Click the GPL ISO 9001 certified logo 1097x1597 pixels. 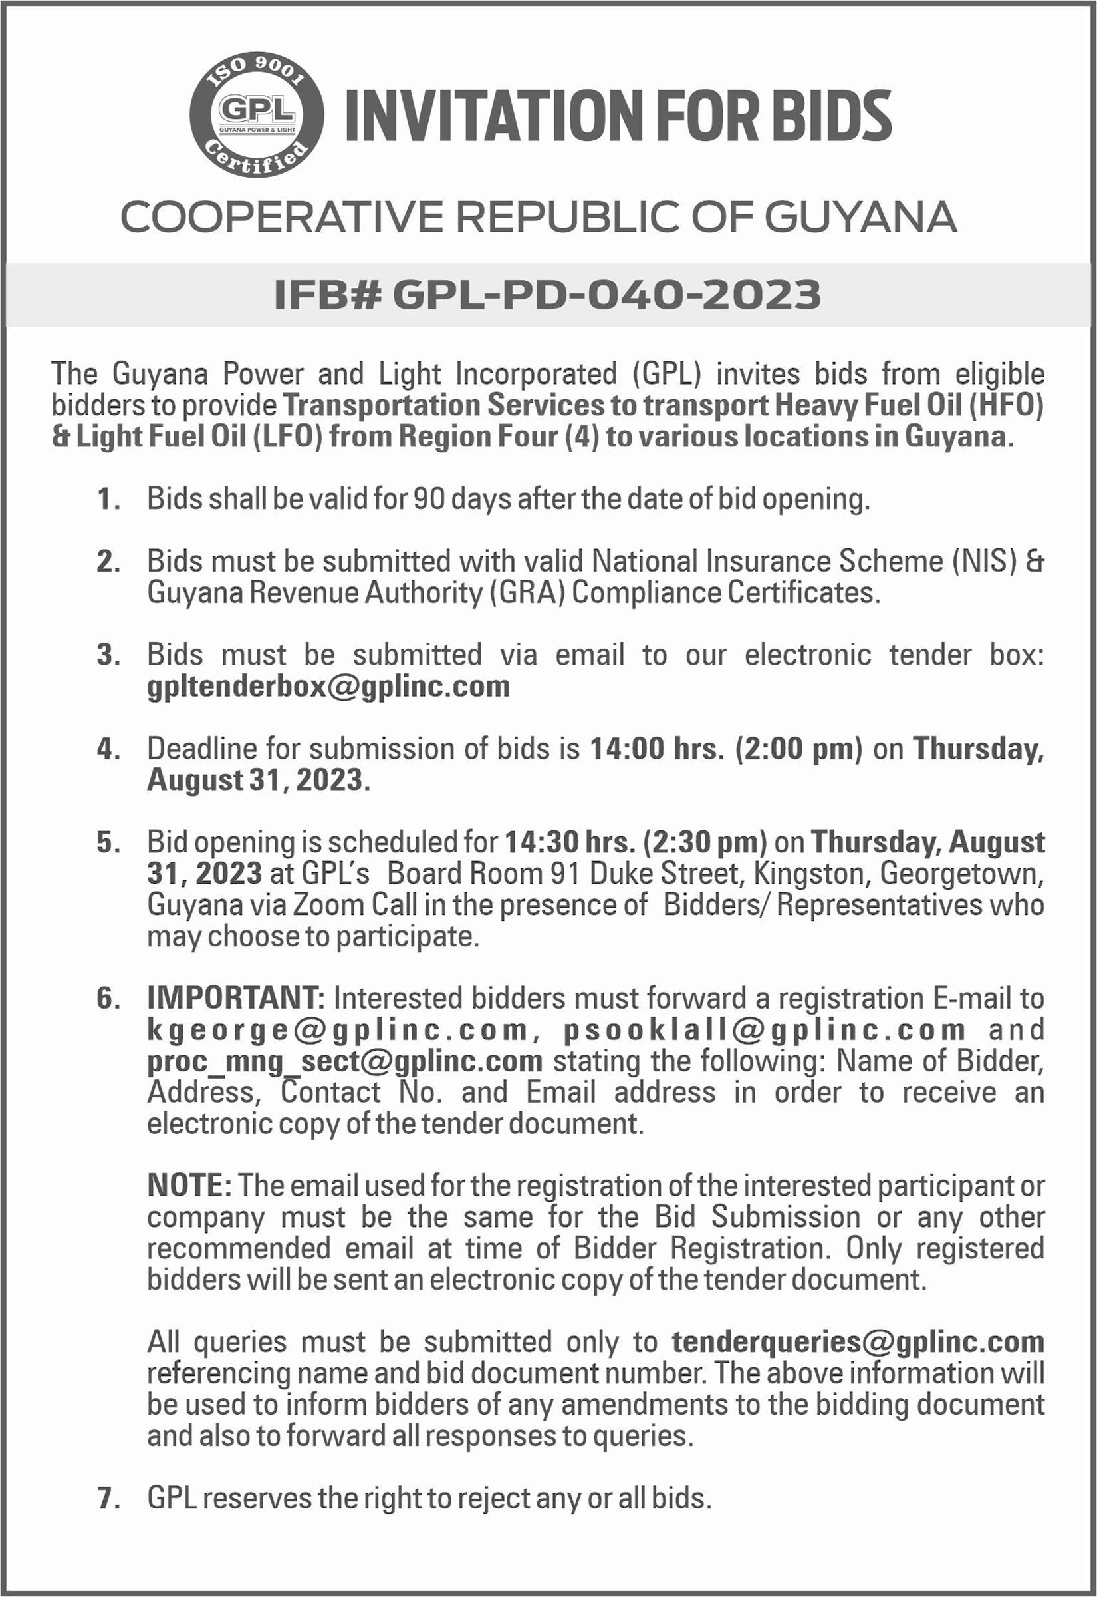tap(257, 115)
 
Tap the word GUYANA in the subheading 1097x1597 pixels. tap(860, 218)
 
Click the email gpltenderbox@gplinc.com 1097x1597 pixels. tap(328, 687)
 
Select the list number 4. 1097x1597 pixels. tap(109, 749)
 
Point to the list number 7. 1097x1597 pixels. tap(109, 1498)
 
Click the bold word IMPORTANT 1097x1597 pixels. tap(236, 999)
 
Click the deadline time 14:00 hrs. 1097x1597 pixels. tap(657, 749)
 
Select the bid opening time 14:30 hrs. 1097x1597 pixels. tap(570, 842)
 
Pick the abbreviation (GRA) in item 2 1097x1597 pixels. tap(527, 593)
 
